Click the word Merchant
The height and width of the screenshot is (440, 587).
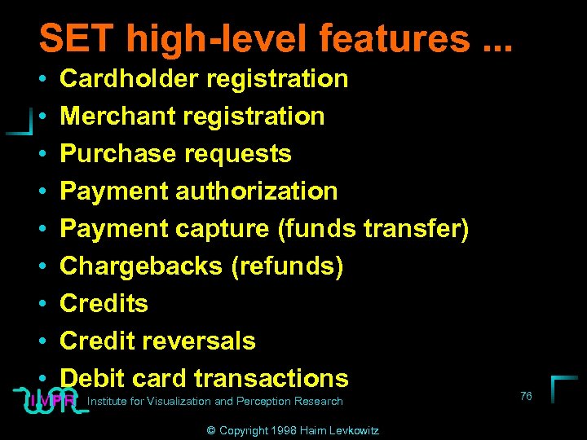tap(119, 117)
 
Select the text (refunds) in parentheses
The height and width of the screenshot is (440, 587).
tap(288, 266)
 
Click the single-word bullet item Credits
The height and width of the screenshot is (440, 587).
tap(104, 304)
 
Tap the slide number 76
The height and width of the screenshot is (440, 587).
tap(526, 396)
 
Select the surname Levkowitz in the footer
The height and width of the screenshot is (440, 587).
tap(353, 430)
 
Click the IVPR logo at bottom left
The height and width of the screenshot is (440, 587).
tap(51, 400)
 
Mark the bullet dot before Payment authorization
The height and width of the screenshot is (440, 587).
tap(41, 192)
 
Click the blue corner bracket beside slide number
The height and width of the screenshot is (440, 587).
tap(563, 387)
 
